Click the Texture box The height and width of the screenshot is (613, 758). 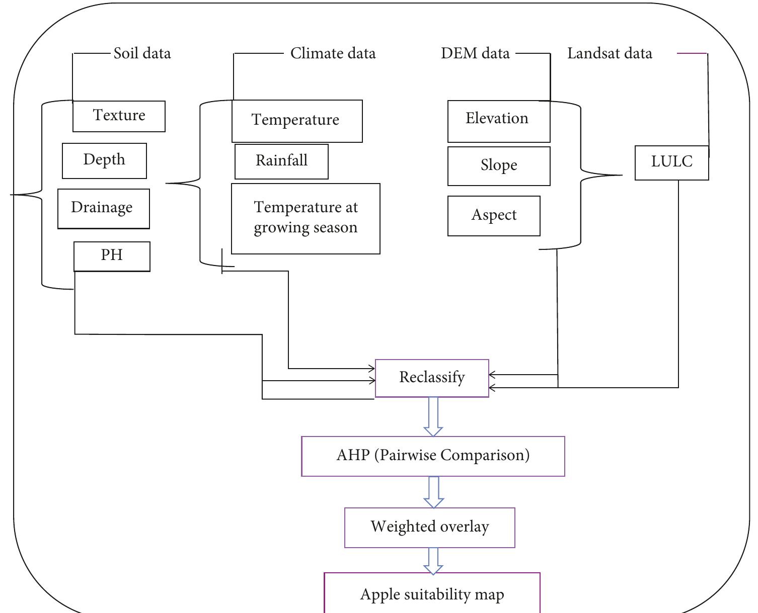pyautogui.click(x=119, y=116)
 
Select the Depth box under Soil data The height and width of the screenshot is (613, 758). pyautogui.click(x=104, y=160)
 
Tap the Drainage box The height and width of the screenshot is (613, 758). pyautogui.click(x=103, y=208)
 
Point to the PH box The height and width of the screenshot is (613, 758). pyautogui.click(x=112, y=256)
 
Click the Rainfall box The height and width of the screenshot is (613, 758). pyautogui.click(x=281, y=161)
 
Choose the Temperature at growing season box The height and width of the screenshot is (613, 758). pyautogui.click(x=306, y=218)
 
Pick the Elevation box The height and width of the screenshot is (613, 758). pyautogui.click(x=498, y=121)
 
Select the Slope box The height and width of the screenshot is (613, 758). pyautogui.click(x=498, y=166)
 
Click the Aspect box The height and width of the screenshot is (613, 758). pyautogui.click(x=494, y=216)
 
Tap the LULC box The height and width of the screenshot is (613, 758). pyautogui.click(x=671, y=162)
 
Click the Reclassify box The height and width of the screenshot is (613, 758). pyautogui.click(x=432, y=378)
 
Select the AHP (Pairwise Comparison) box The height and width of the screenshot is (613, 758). pyautogui.click(x=433, y=456)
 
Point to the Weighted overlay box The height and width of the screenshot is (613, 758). pyautogui.click(x=429, y=528)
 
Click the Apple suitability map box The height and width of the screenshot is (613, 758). pyautogui.click(x=432, y=594)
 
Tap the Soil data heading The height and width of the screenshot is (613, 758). pyautogui.click(x=142, y=53)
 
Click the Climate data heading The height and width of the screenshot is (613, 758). pyautogui.click(x=333, y=53)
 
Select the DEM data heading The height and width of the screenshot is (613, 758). pyautogui.click(x=475, y=53)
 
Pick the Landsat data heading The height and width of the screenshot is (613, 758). pyautogui.click(x=610, y=53)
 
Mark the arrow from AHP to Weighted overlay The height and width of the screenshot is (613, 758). pyautogui.click(x=433, y=492)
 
